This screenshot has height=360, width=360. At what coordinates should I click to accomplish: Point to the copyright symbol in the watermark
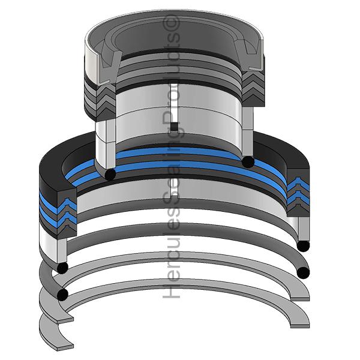(171, 22)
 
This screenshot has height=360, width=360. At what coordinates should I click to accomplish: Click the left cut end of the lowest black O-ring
(62, 295)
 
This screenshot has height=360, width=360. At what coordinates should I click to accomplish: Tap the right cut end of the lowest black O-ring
(303, 273)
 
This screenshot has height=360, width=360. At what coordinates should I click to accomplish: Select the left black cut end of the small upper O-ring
(110, 175)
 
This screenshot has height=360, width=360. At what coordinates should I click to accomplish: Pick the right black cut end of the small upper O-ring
(248, 162)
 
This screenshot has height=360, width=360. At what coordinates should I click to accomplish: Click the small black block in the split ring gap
(175, 126)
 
